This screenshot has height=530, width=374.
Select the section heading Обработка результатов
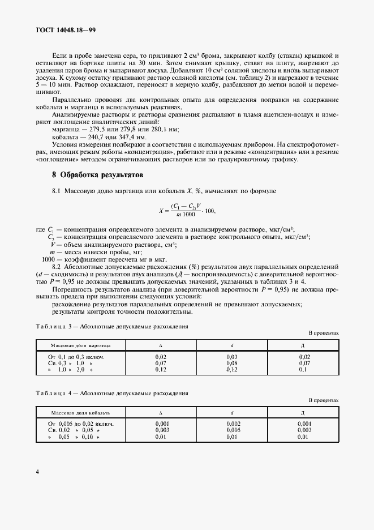point(97,174)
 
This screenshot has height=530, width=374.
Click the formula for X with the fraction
point(187,211)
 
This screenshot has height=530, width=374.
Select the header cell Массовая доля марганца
point(80,345)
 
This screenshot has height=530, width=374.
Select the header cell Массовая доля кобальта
point(80,413)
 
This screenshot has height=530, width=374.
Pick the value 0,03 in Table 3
point(232,357)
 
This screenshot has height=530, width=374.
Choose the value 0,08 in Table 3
point(232,364)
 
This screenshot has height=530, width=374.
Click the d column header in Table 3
point(232,345)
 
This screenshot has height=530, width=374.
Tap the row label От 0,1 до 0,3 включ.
point(76,357)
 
